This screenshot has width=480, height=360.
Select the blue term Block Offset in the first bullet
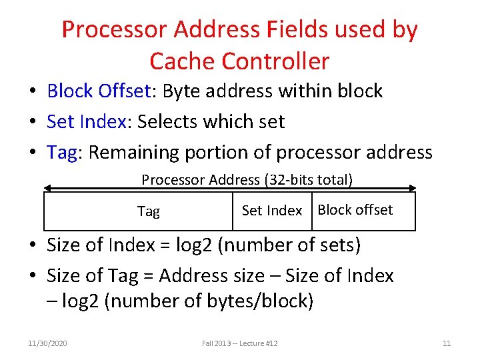pos(97,91)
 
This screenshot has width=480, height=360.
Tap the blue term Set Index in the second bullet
pos(85,121)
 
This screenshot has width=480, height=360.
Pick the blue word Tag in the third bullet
pos(62,153)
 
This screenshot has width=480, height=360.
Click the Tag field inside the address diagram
pos(148,211)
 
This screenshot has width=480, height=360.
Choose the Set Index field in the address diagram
pos(271,211)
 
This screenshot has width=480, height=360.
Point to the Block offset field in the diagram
pos(355,210)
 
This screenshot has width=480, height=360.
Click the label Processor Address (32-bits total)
pos(247,180)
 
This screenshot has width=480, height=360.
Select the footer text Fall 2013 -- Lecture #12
pos(239,343)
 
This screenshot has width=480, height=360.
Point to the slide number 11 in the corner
pos(447,343)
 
